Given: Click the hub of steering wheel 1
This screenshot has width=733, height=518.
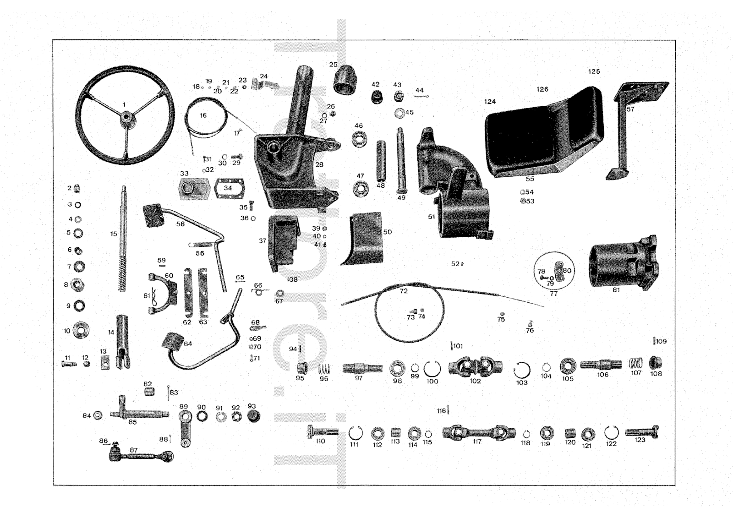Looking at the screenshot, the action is (x=125, y=118).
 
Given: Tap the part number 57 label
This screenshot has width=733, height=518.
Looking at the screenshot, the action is (x=630, y=109).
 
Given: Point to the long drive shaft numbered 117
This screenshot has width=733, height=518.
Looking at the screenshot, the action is (x=478, y=432).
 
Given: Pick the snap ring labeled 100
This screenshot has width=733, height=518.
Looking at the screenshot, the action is (x=432, y=369).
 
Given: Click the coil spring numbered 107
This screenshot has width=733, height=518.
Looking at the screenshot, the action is (x=635, y=364).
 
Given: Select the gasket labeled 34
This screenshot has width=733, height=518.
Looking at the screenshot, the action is (x=229, y=189).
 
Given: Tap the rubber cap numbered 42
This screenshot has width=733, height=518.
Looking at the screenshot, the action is (x=377, y=97).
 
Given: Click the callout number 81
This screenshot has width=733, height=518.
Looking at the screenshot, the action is (x=616, y=290).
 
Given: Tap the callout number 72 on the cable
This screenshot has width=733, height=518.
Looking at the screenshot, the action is (x=404, y=291).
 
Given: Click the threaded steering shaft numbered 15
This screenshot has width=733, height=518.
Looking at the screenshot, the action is (x=123, y=238).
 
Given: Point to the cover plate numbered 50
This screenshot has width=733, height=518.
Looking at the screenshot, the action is (x=364, y=238).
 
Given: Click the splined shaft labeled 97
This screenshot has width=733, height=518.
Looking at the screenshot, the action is (x=362, y=368).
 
